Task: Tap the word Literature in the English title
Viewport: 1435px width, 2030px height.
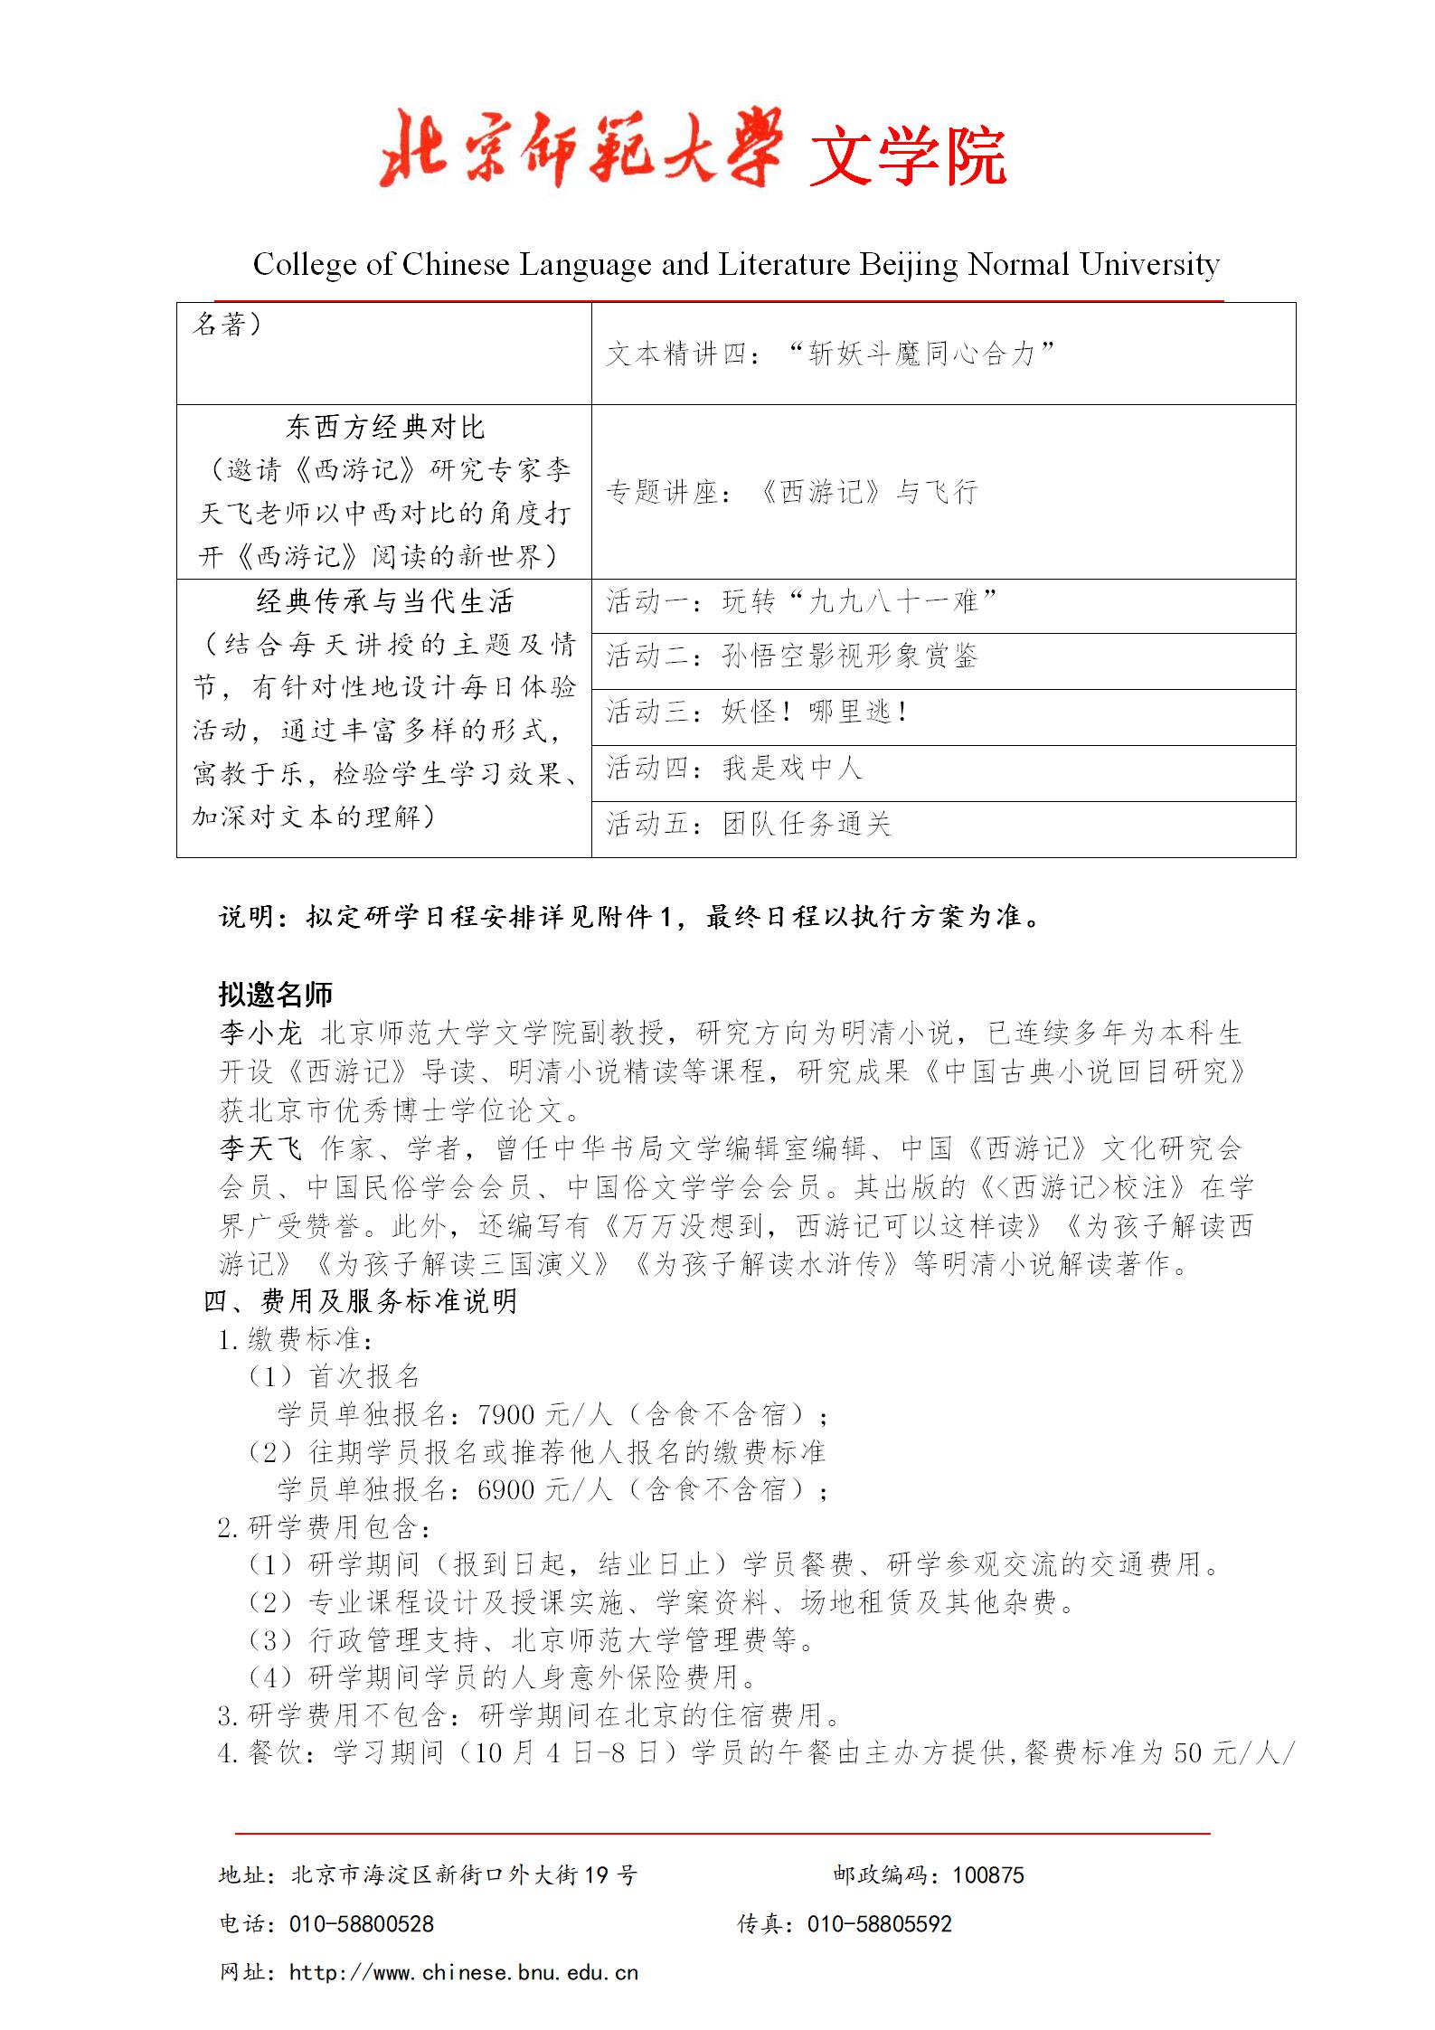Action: pos(784,265)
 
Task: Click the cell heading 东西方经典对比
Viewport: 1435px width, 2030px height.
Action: pos(385,427)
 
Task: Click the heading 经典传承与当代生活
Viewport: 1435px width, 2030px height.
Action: pos(385,601)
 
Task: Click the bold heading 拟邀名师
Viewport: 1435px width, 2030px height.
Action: pos(276,995)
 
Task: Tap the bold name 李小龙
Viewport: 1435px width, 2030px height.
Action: pos(260,1033)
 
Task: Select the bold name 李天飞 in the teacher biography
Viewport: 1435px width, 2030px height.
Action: pos(260,1148)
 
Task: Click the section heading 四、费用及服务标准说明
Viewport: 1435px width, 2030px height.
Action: pos(360,1301)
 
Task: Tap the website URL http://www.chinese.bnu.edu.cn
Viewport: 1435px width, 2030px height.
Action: pos(463,1973)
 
